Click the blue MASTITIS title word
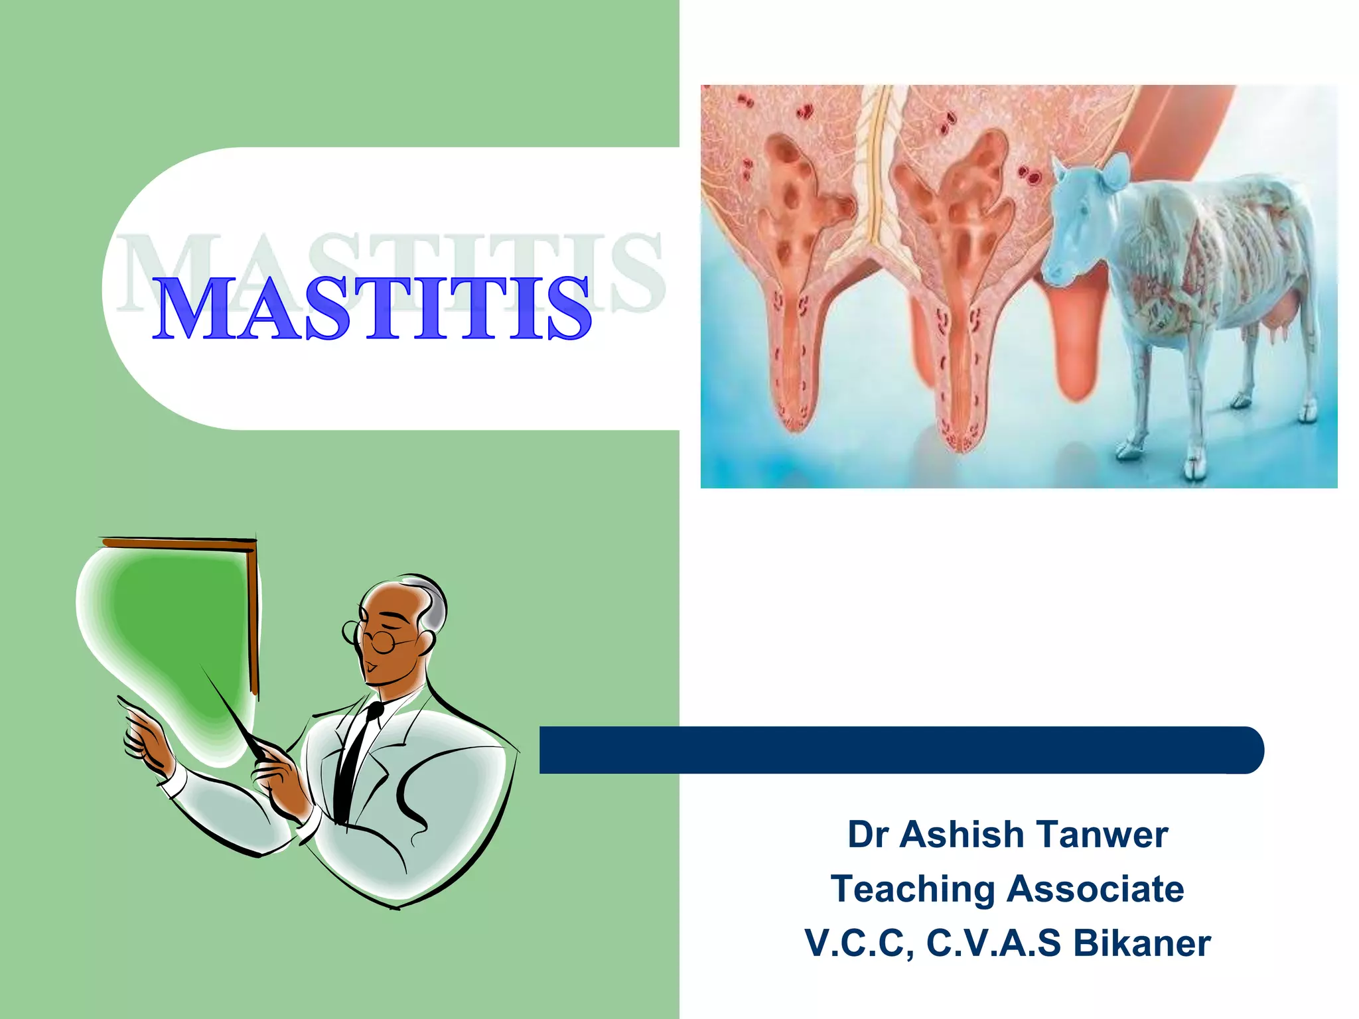[372, 309]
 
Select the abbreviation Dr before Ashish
[868, 835]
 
